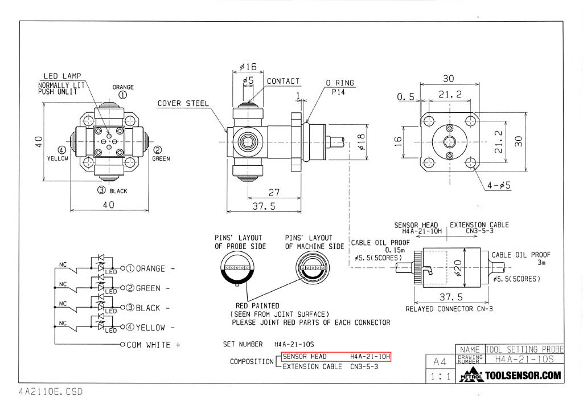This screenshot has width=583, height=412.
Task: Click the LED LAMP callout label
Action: pos(63,76)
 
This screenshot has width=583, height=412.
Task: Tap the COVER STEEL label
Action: pos(183,104)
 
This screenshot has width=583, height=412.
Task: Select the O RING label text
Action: pos(339,83)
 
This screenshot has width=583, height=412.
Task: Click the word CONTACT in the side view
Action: pos(283,81)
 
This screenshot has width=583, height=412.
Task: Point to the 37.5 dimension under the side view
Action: pos(264,206)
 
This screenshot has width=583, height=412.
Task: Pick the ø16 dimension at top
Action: pos(249,67)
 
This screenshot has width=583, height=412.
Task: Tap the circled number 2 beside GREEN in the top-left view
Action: pos(158,150)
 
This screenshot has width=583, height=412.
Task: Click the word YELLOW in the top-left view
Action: pos(58,159)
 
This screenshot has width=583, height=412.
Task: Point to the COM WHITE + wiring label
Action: pos(153,345)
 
